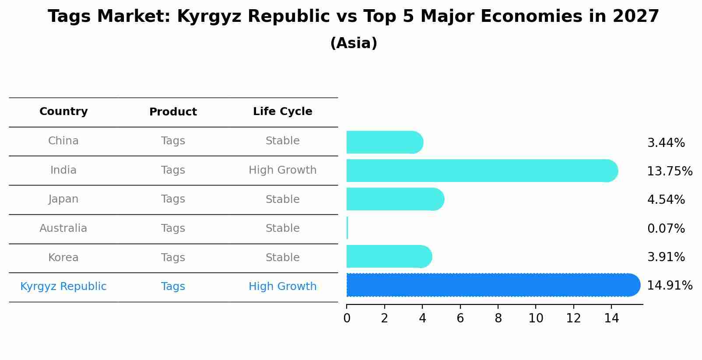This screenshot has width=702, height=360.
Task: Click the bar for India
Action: pyautogui.click(x=481, y=171)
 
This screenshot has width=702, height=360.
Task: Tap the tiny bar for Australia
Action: pyautogui.click(x=347, y=228)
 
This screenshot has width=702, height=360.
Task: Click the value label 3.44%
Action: pyautogui.click(x=666, y=143)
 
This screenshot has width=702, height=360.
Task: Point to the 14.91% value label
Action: pyautogui.click(x=669, y=286)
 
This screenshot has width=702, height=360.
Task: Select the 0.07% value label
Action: pyautogui.click(x=666, y=228)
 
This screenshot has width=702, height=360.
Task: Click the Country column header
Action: pyautogui.click(x=63, y=112)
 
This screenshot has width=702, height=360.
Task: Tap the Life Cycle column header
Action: pyautogui.click(x=282, y=112)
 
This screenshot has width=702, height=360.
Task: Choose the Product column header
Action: pyautogui.click(x=173, y=112)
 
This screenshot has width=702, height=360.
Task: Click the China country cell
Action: pyautogui.click(x=63, y=141)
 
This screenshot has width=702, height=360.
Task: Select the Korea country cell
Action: pyautogui.click(x=63, y=258)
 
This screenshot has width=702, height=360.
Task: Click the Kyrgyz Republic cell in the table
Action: pyautogui.click(x=63, y=287)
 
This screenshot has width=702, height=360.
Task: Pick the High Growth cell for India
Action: pyautogui.click(x=282, y=170)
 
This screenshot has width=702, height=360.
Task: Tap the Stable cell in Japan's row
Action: pyautogui.click(x=282, y=199)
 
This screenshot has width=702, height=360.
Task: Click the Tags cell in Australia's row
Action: pyautogui.click(x=173, y=228)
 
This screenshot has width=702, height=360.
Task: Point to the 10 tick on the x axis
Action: pyautogui.click(x=536, y=318)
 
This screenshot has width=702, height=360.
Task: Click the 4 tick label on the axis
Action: pyautogui.click(x=422, y=318)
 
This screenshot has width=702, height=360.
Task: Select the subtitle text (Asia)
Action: pyautogui.click(x=354, y=43)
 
